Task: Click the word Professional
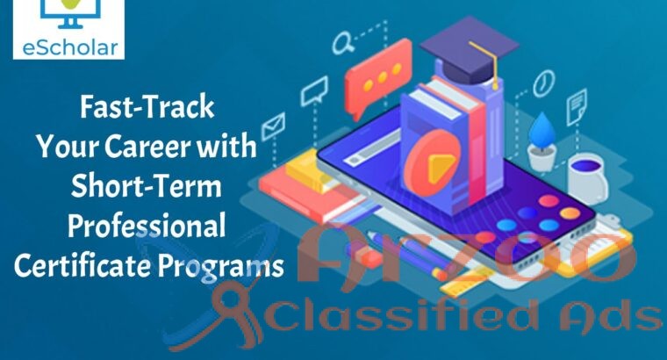pyautogui.click(x=147, y=226)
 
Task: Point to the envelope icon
pyautogui.click(x=273, y=122)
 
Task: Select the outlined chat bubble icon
pyautogui.click(x=314, y=89)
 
